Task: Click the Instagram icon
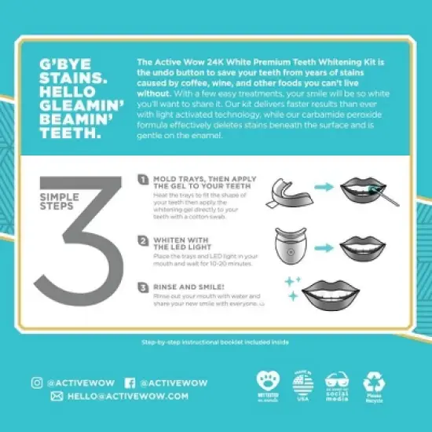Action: [x=37, y=383]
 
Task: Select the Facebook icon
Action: [x=130, y=383]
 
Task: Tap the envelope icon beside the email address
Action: [x=57, y=397]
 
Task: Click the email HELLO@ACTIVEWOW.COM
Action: [x=128, y=397]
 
